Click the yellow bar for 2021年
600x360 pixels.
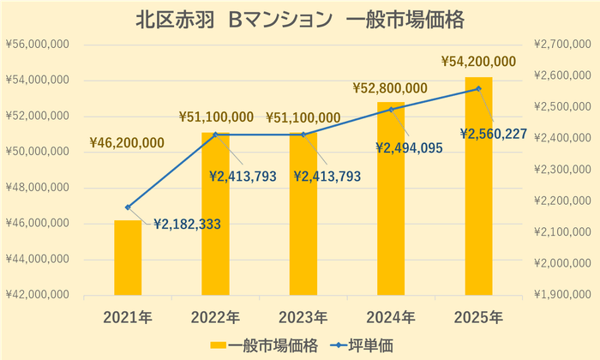[128, 258]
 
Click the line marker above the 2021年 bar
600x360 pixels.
[128, 207]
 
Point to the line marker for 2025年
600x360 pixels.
[478, 88]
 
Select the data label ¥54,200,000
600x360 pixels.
[478, 61]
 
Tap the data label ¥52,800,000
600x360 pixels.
[390, 87]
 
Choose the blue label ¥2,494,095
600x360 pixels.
[409, 147]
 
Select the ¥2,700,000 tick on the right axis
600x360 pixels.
[561, 45]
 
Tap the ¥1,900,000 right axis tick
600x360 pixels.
[561, 295]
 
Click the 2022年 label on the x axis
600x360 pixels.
[215, 318]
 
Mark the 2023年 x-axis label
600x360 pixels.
[303, 318]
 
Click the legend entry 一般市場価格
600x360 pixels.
[267, 344]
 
